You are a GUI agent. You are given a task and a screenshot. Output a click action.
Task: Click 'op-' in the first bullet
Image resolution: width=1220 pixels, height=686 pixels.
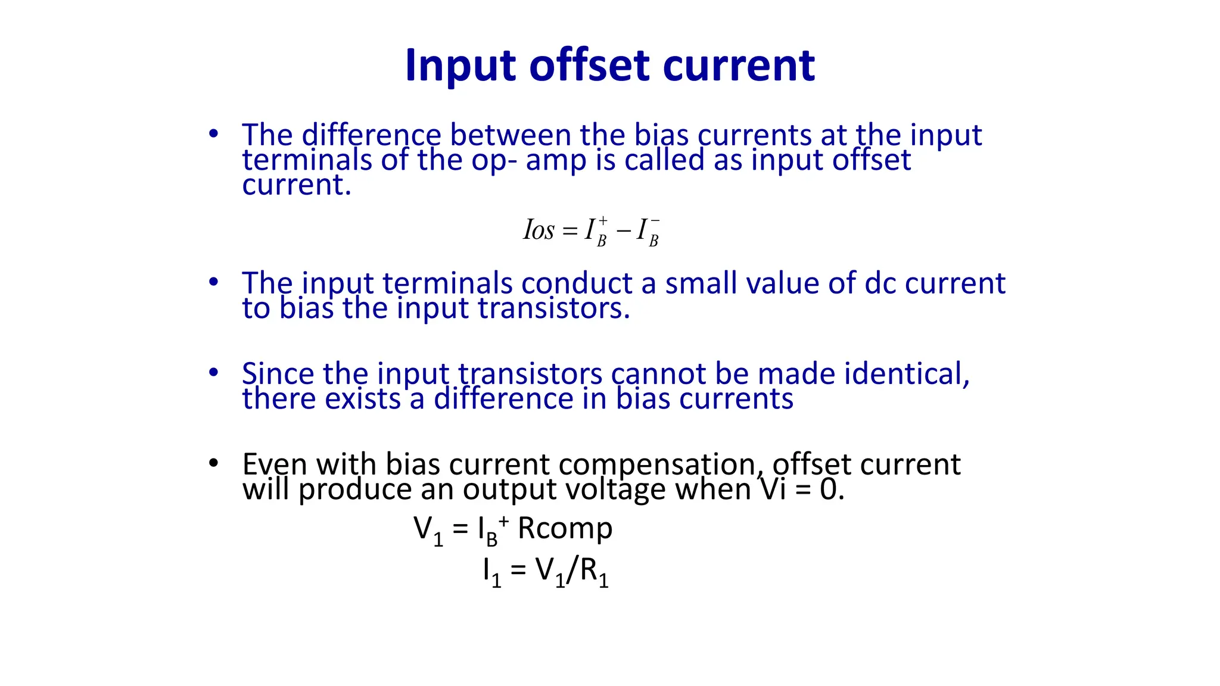[x=494, y=161]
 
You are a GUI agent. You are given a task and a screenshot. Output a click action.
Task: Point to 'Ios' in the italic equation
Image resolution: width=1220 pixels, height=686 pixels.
[x=539, y=230]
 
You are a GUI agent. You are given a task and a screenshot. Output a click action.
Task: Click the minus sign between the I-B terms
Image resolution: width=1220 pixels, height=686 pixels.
[x=623, y=230]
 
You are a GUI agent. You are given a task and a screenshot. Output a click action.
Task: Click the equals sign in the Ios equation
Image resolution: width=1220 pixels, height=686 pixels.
[x=570, y=230]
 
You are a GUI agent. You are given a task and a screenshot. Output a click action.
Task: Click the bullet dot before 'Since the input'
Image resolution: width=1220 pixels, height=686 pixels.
[x=214, y=373]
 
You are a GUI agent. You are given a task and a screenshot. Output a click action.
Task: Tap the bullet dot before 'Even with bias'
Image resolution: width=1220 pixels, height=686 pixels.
[x=214, y=463]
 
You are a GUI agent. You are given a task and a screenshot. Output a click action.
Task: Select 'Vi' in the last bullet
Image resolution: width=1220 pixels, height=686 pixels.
[x=773, y=489]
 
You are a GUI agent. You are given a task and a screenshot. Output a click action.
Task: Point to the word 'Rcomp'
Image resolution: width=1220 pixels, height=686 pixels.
[x=565, y=528]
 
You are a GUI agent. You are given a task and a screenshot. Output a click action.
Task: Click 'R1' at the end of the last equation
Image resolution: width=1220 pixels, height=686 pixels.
[x=594, y=572]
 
